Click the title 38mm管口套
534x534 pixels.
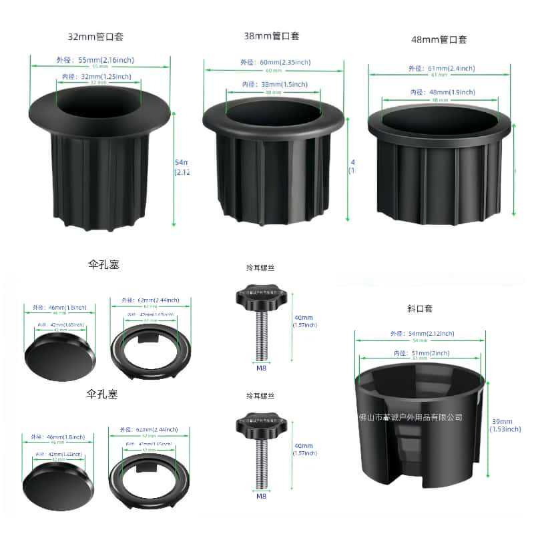272,36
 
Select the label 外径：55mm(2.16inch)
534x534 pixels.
99,60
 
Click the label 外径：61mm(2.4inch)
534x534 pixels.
441,69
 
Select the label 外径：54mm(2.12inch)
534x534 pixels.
423,334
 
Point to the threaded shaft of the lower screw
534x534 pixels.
260,465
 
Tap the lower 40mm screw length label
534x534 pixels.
304,446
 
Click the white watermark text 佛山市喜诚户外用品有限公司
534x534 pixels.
411,417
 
